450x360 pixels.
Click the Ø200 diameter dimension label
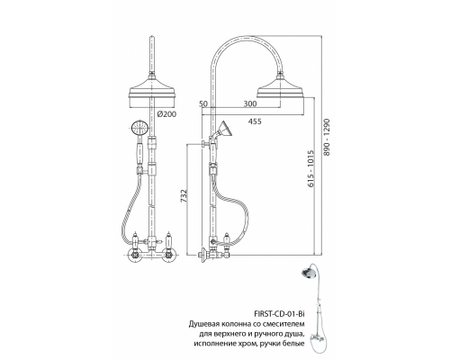[166, 114]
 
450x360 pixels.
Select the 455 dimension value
[255, 121]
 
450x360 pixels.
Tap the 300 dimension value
[250, 103]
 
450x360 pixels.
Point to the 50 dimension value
[203, 103]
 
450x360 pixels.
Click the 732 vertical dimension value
[184, 195]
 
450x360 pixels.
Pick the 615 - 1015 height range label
[310, 169]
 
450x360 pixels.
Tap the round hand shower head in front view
[139, 128]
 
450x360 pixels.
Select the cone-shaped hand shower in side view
[224, 130]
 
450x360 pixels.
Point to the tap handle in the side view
[228, 241]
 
